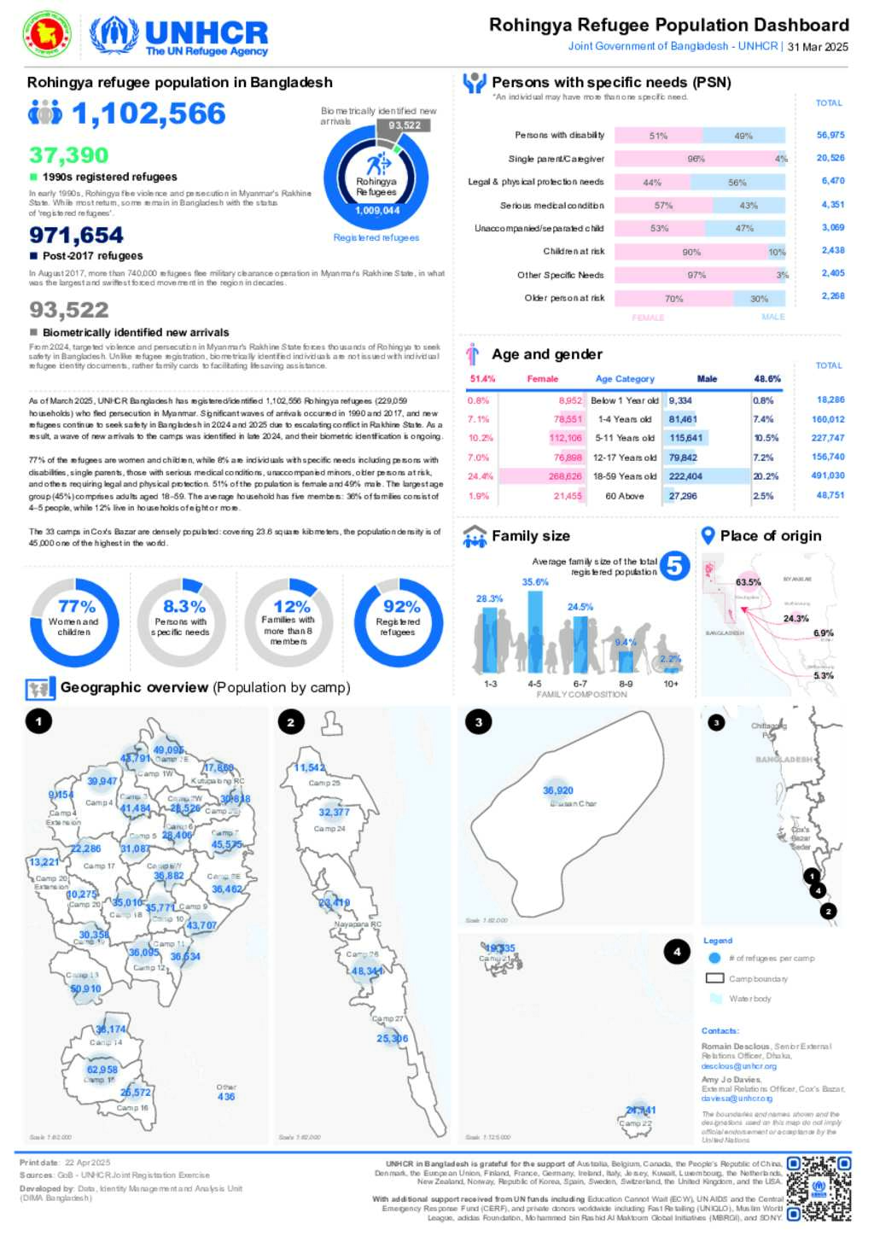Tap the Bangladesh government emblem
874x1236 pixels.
[x=47, y=35]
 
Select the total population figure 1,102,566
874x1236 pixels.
[x=149, y=114]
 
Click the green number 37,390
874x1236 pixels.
[x=69, y=155]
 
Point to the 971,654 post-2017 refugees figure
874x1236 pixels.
[x=76, y=236]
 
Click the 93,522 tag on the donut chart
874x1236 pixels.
[x=405, y=125]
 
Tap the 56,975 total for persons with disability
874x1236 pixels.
[x=830, y=135]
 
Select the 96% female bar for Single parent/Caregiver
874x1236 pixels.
[x=695, y=159]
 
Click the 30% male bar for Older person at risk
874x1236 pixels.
[x=759, y=299]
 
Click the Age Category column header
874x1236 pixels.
[x=625, y=379]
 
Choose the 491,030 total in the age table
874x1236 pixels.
[x=828, y=475]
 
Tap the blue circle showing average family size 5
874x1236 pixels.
[x=674, y=565]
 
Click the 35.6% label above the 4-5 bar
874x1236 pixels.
[x=535, y=582]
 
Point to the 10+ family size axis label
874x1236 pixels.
[x=671, y=684]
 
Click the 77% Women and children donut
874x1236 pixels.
[x=74, y=621]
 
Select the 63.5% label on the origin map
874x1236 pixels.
[x=748, y=582]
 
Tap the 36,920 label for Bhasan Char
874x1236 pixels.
[x=558, y=790]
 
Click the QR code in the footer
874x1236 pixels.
[x=819, y=1188]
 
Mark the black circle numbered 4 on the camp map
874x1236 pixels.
[x=677, y=951]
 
